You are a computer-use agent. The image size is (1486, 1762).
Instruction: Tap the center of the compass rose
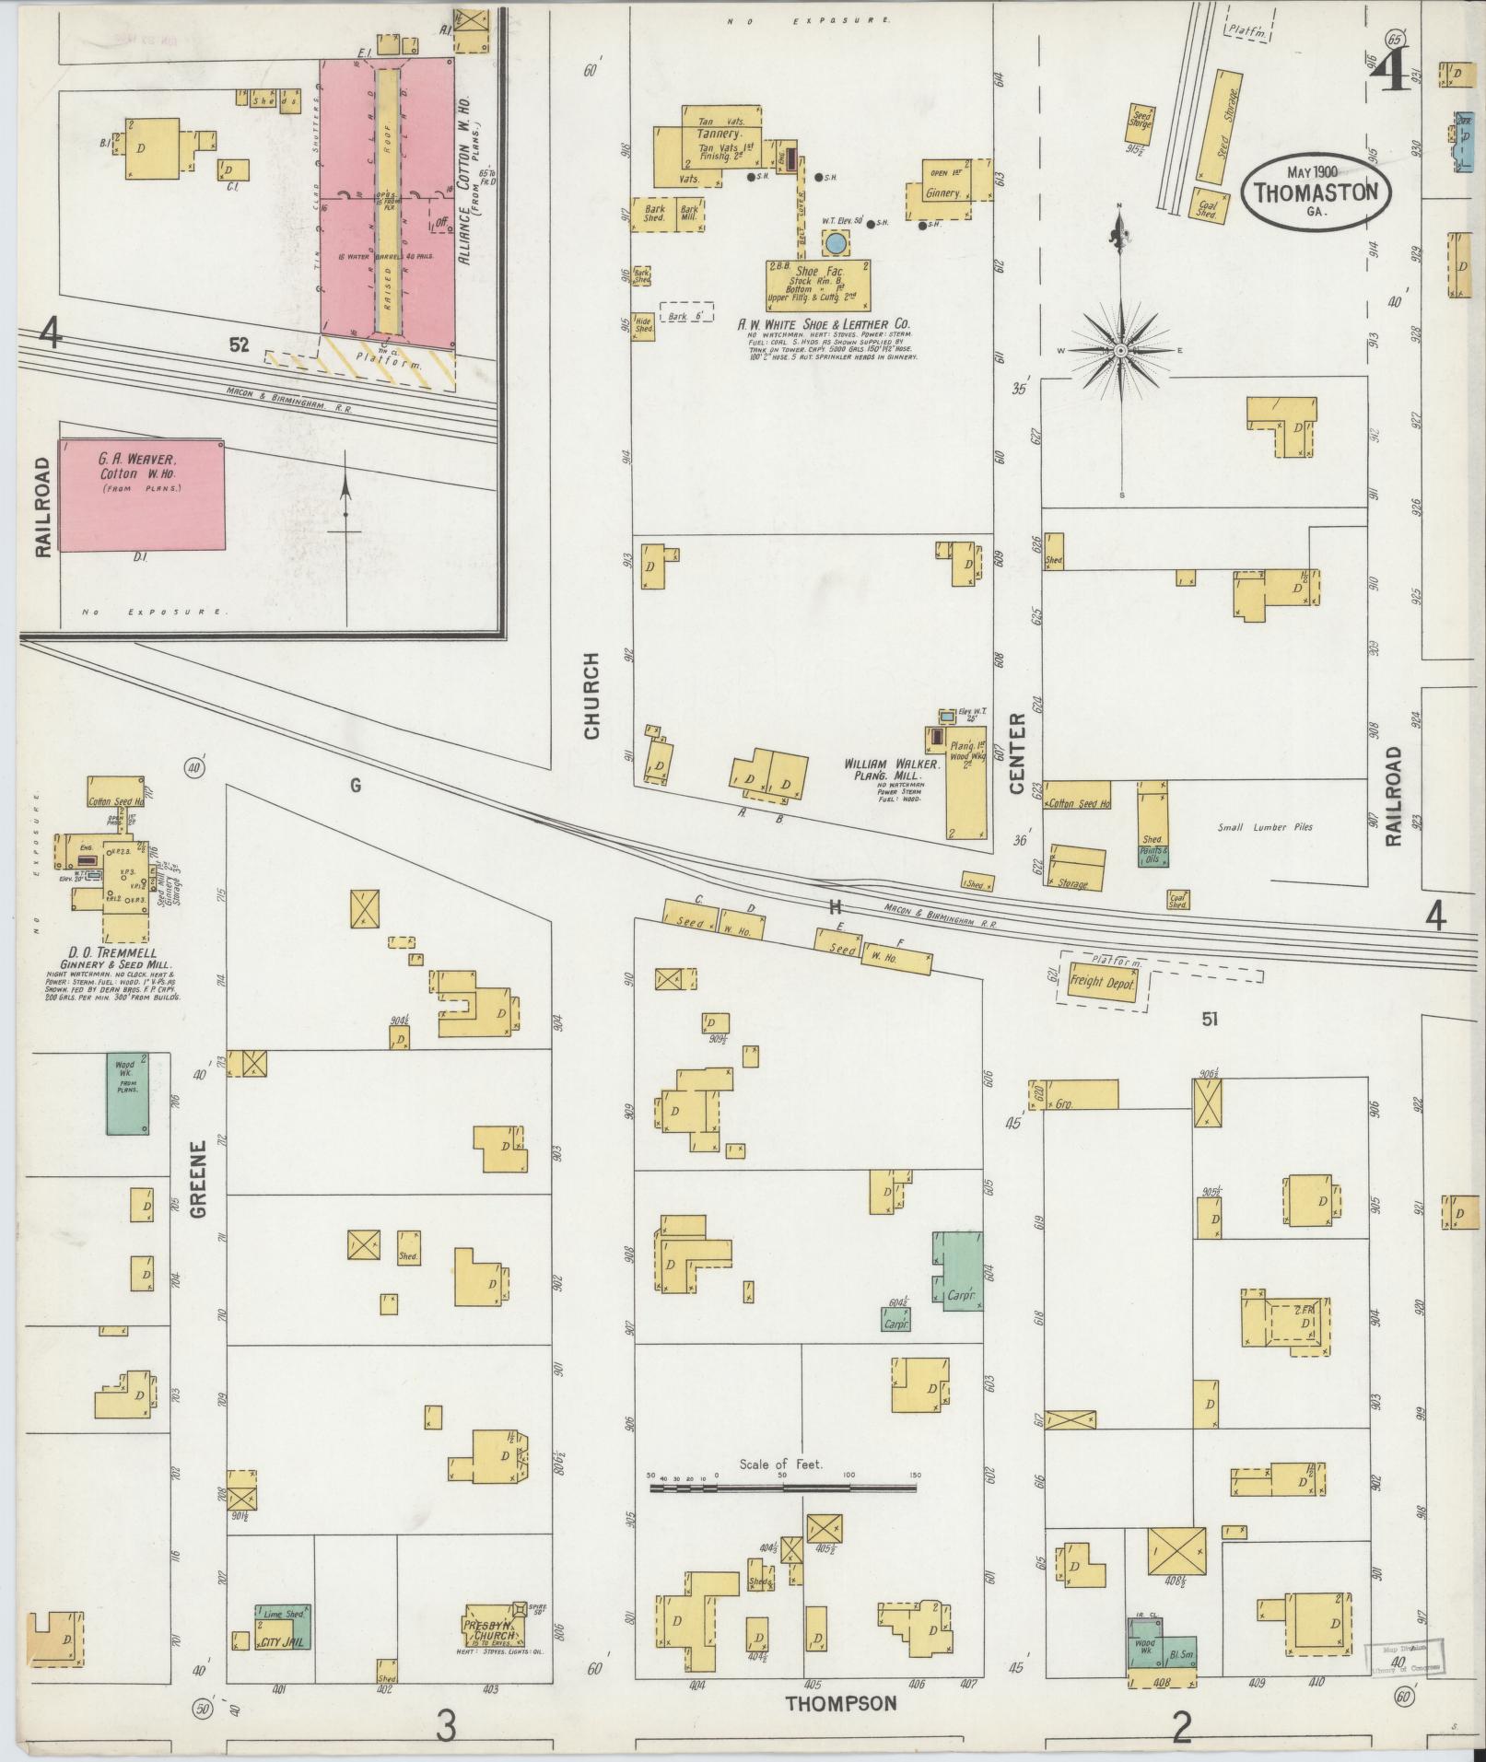coord(1120,351)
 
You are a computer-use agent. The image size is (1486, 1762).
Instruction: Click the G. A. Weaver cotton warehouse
coord(142,495)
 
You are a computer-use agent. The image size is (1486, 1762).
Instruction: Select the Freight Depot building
coord(1103,982)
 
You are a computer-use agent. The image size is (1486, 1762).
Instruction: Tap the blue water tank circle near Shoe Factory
coord(836,242)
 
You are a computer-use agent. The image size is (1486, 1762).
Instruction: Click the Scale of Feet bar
coord(782,1487)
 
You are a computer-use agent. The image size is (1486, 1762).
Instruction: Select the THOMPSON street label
coord(840,1703)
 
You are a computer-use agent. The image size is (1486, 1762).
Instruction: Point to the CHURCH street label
coord(591,695)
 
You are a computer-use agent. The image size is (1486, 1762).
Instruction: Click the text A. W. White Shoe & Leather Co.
coord(823,324)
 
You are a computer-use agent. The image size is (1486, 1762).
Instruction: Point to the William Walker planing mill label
coord(890,764)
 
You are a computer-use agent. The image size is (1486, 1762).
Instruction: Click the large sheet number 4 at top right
coord(1388,67)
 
